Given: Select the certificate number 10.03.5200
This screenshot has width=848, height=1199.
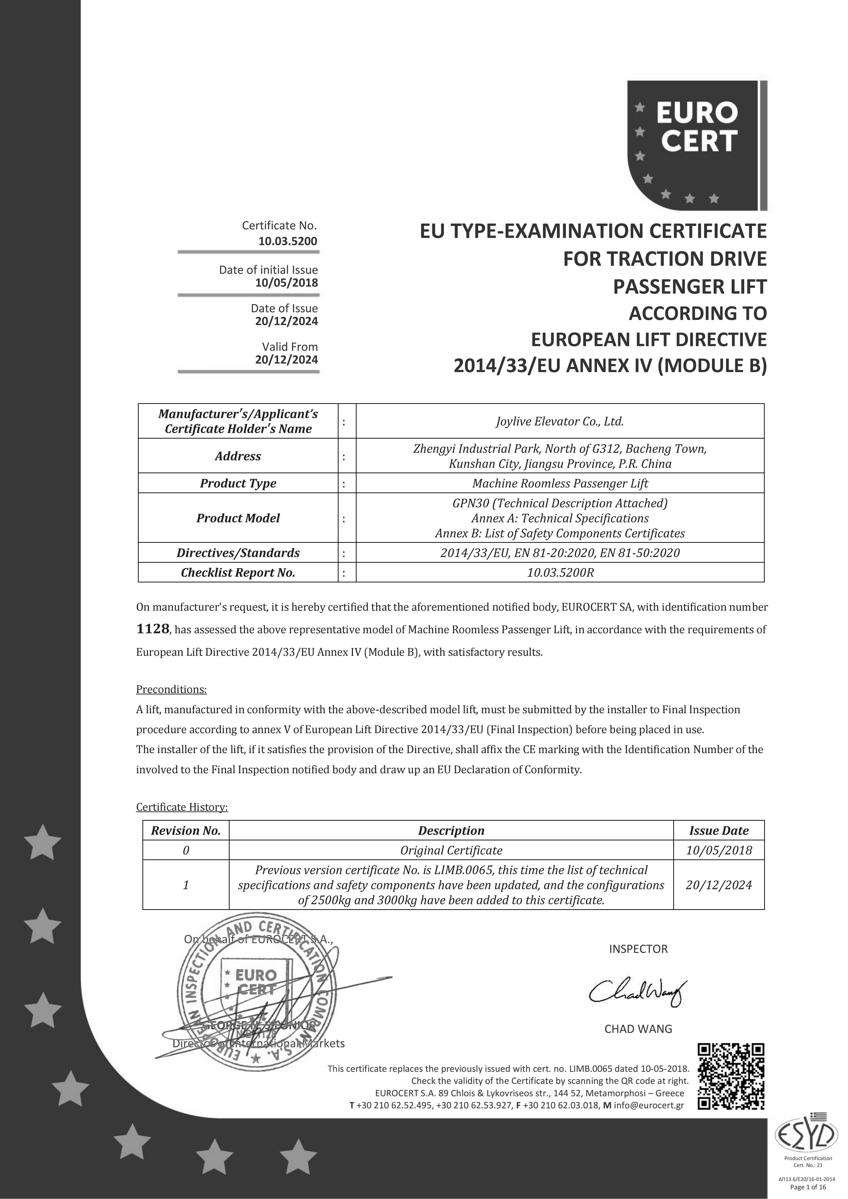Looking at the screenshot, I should pyautogui.click(x=287, y=241).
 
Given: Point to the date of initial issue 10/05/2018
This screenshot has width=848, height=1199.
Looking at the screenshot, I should pyautogui.click(x=286, y=283).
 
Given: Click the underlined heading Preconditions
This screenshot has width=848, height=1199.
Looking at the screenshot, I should pyautogui.click(x=171, y=689).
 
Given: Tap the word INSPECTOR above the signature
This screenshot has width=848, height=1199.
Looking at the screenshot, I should pyautogui.click(x=638, y=949).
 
